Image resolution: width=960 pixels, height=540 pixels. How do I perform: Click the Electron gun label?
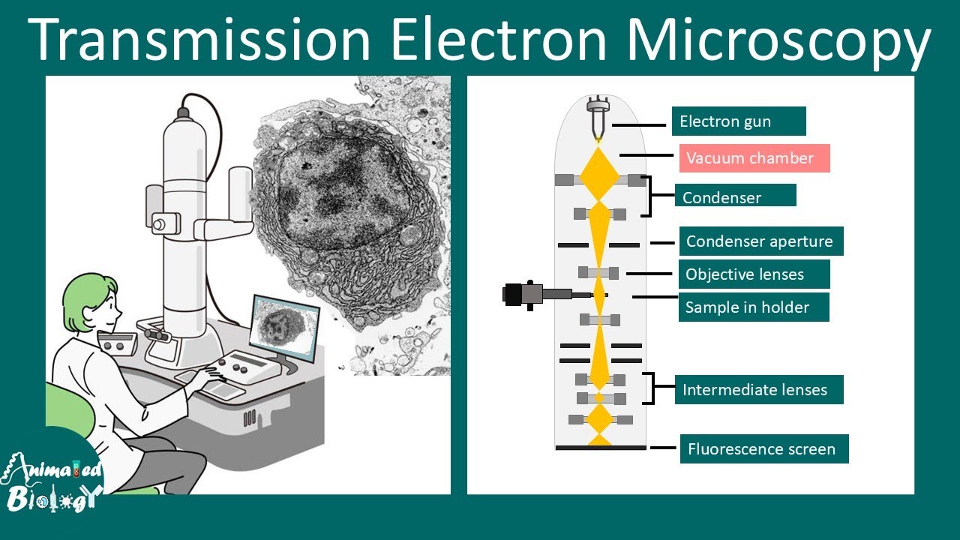click(738, 121)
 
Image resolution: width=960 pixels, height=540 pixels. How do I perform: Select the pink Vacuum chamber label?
click(754, 158)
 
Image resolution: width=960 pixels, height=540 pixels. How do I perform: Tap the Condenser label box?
click(735, 195)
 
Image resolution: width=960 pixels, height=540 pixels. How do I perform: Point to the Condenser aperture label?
click(760, 241)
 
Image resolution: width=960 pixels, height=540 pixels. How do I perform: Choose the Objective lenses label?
click(754, 274)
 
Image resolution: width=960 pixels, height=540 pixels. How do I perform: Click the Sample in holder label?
click(753, 307)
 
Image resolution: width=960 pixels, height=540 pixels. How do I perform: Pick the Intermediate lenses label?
click(758, 390)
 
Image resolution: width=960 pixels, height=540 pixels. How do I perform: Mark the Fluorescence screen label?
click(763, 449)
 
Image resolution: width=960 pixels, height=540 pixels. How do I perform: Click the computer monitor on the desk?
click(285, 326)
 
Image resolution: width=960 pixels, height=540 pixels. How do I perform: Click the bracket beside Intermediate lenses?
click(652, 388)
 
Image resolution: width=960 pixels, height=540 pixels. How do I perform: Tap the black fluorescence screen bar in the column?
click(600, 448)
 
